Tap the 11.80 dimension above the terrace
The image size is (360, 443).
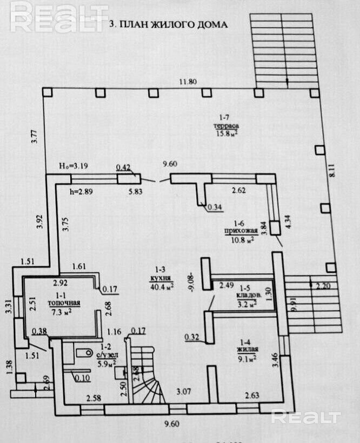pyautogui.click(x=188, y=82)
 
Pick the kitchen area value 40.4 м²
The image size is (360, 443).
pyautogui.click(x=162, y=286)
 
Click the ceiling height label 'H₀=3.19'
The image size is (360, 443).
pyautogui.click(x=74, y=166)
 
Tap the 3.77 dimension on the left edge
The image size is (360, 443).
pyautogui.click(x=34, y=133)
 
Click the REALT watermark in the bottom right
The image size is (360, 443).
pyautogui.click(x=306, y=417)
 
